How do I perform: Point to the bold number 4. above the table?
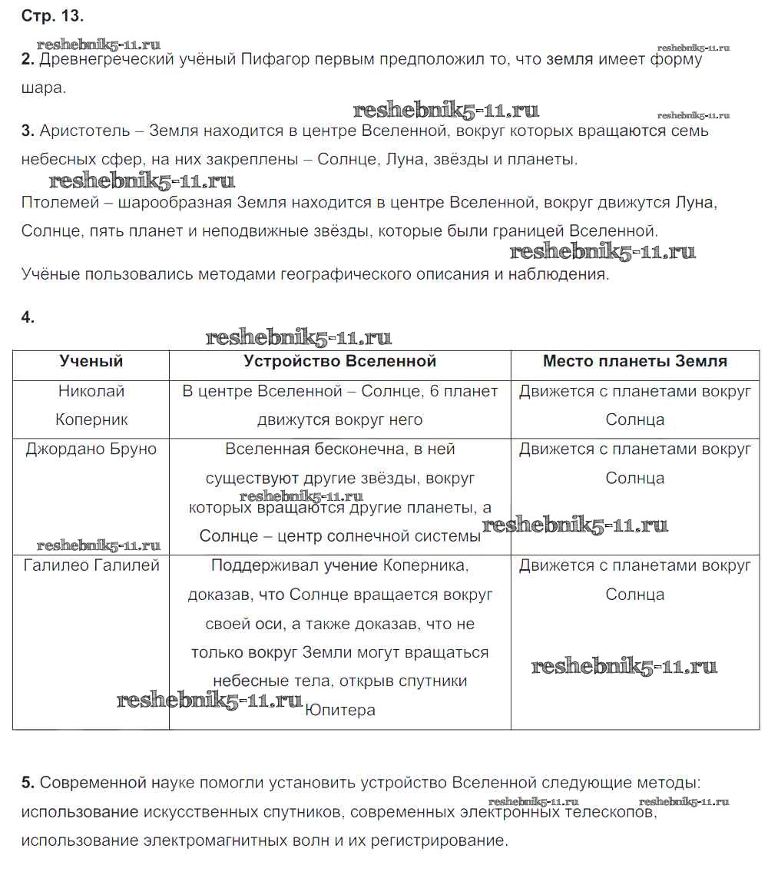click(28, 317)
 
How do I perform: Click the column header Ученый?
click(91, 361)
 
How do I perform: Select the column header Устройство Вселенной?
click(339, 361)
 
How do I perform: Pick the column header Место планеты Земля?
click(634, 361)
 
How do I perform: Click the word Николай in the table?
click(91, 391)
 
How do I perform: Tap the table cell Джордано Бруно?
click(91, 449)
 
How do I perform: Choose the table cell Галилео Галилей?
click(91, 565)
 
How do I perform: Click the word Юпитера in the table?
click(340, 710)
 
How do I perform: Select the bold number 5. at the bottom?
click(28, 783)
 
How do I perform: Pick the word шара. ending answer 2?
click(44, 88)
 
